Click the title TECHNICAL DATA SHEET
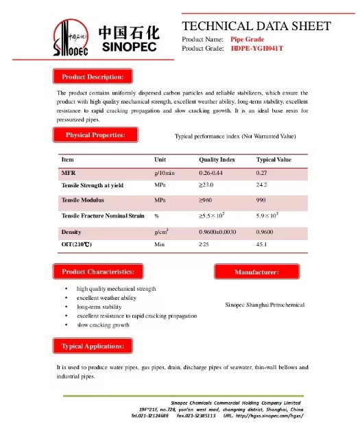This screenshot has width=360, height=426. point(256,26)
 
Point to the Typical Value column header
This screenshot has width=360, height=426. point(274,160)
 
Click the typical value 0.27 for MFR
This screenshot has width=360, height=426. point(261,173)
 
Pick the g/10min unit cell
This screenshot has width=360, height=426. point(165,173)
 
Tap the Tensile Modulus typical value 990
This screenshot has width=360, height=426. point(261,200)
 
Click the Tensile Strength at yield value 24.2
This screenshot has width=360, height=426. point(261,185)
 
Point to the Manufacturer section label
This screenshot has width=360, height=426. point(256,272)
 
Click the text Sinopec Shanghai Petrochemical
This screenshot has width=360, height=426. point(264,305)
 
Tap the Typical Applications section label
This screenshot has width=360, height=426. point(93,346)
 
